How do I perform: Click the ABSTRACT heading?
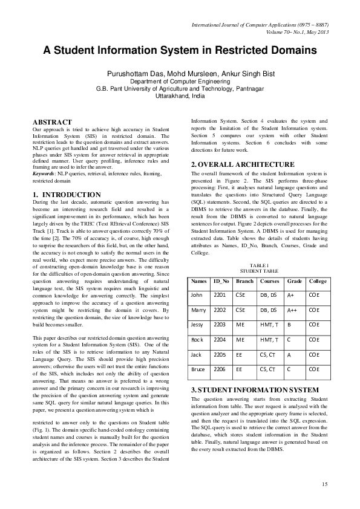tap(51, 122)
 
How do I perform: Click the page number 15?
tap(324, 484)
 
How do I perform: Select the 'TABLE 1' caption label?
tap(258, 265)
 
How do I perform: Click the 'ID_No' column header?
tap(221, 281)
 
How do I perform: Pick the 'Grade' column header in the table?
tap(294, 281)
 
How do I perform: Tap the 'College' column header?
tap(317, 281)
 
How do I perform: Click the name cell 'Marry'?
tap(198, 310)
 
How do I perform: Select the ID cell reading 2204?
tap(220, 339)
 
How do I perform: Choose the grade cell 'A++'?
tap(293, 310)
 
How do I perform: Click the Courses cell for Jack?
tap(267, 354)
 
